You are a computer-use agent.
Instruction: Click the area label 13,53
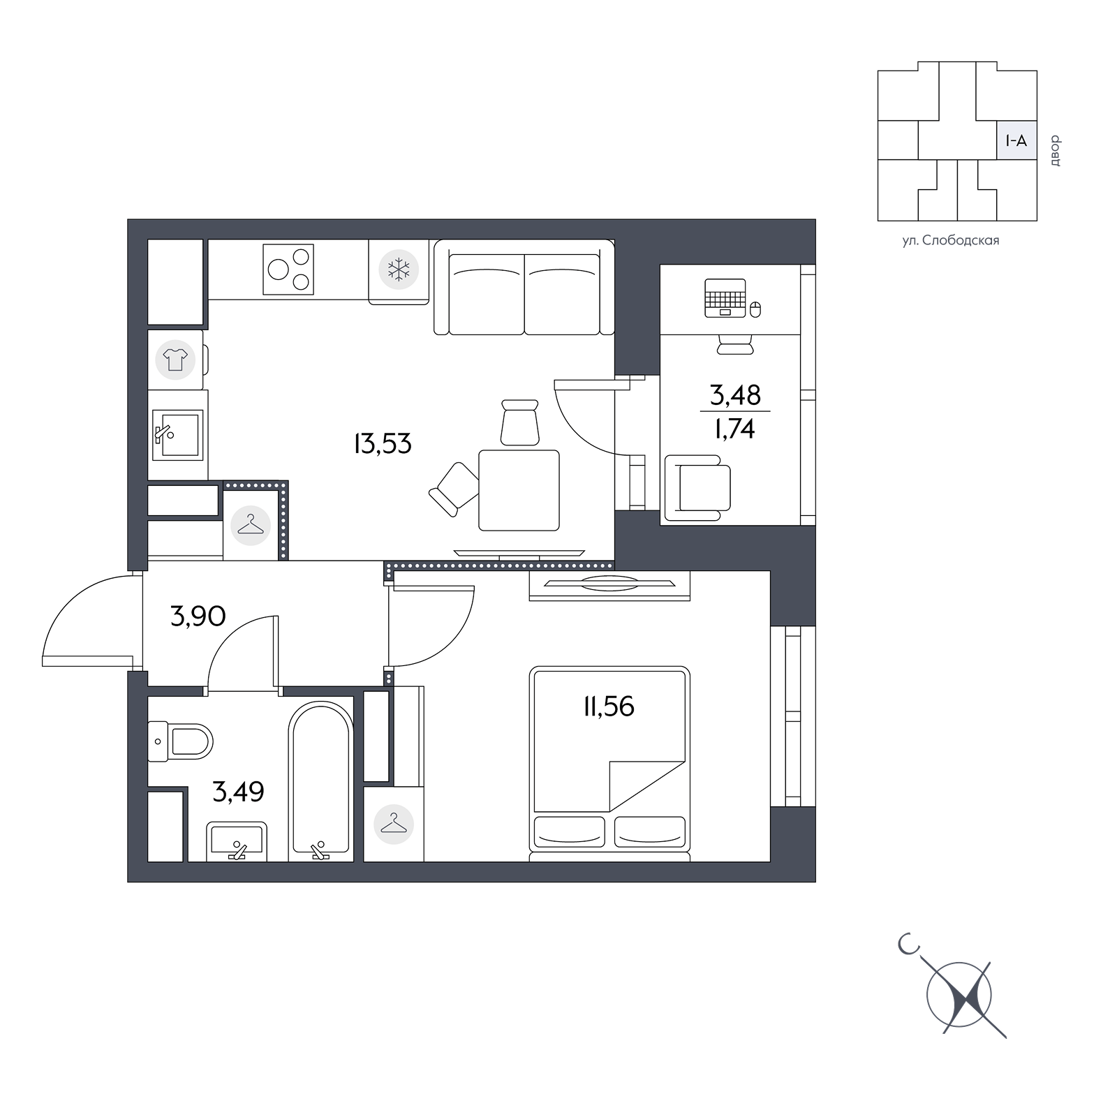(383, 444)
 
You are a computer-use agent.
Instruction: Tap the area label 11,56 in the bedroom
(609, 707)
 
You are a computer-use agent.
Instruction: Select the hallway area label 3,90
(198, 616)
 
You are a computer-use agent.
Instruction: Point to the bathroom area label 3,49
(238, 792)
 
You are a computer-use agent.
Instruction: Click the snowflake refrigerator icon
(399, 269)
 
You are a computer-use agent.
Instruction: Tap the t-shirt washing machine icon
(175, 360)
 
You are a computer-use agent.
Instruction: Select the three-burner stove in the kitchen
(288, 269)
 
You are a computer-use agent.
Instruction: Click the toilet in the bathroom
(180, 741)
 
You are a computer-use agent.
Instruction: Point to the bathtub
(321, 781)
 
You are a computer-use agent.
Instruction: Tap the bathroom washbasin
(237, 841)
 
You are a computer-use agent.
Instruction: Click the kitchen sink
(177, 434)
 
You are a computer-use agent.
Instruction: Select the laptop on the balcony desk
(725, 298)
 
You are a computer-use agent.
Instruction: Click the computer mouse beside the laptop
(755, 309)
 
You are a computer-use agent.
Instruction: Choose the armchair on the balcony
(697, 488)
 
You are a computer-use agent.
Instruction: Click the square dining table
(519, 490)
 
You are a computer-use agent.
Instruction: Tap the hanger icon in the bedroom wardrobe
(394, 824)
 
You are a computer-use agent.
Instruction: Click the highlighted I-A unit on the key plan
(1016, 141)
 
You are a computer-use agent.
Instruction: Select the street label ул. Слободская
(951, 241)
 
